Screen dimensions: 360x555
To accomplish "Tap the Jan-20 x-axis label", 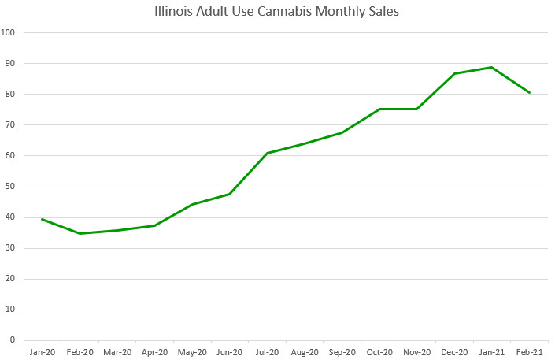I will point(42,352).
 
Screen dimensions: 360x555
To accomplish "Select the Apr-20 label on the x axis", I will point(154,352).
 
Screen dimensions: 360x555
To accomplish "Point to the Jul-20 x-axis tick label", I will point(267,352).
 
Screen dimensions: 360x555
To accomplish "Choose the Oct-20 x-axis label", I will point(379,352).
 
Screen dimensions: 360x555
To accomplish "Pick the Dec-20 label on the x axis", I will point(454,352).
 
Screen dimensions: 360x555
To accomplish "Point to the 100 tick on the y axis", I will point(11,33).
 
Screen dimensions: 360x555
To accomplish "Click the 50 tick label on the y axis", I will point(13,187).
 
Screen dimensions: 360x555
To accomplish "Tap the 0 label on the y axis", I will point(16,340).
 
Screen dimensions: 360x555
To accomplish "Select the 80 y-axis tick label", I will point(13,95).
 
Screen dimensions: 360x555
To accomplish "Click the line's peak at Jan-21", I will point(492,67).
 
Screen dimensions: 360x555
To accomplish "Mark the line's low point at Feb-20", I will point(80,233).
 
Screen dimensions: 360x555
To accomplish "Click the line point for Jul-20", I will point(267,153).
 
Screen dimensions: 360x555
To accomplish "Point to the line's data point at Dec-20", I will point(454,73).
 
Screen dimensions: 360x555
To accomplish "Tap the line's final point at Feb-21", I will point(530,93).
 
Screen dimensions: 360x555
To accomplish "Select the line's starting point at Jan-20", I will point(42,219).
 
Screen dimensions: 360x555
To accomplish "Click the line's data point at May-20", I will point(192,204).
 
